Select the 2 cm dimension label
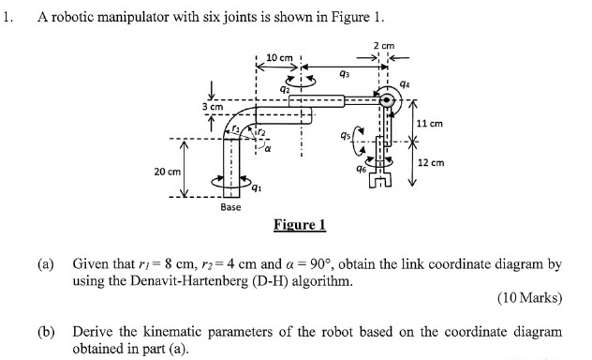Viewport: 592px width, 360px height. click(384, 46)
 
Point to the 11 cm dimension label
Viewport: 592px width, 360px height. click(429, 124)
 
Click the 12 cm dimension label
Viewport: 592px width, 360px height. click(429, 161)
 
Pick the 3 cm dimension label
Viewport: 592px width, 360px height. click(212, 108)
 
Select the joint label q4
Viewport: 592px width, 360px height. click(405, 84)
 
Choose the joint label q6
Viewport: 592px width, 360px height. click(361, 169)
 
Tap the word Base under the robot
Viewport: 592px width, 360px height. click(230, 206)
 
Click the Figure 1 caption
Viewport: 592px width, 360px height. click(299, 225)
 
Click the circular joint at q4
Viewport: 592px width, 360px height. click(385, 99)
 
